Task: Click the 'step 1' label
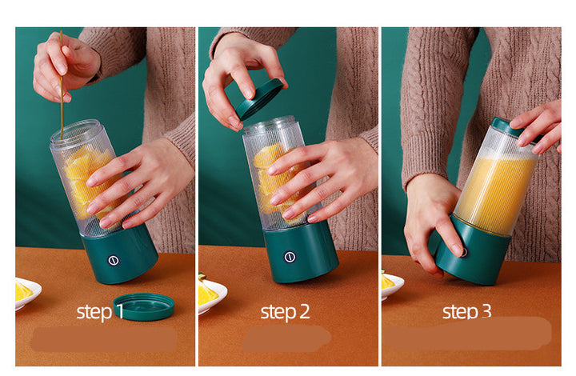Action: click(x=100, y=311)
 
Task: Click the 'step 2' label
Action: click(x=285, y=312)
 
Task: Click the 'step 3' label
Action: click(x=467, y=311)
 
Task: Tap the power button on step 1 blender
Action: click(x=113, y=259)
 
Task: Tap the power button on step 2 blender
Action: click(x=290, y=258)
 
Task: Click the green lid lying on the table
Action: click(x=144, y=306)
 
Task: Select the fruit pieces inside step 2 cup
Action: click(x=269, y=180)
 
